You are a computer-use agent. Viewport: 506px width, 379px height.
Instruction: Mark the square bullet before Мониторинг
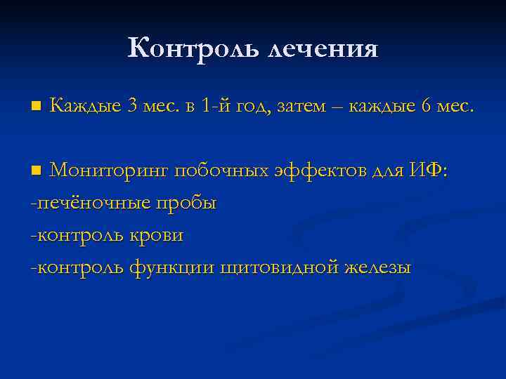coord(37,171)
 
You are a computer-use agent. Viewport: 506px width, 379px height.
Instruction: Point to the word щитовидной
coord(278,269)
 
